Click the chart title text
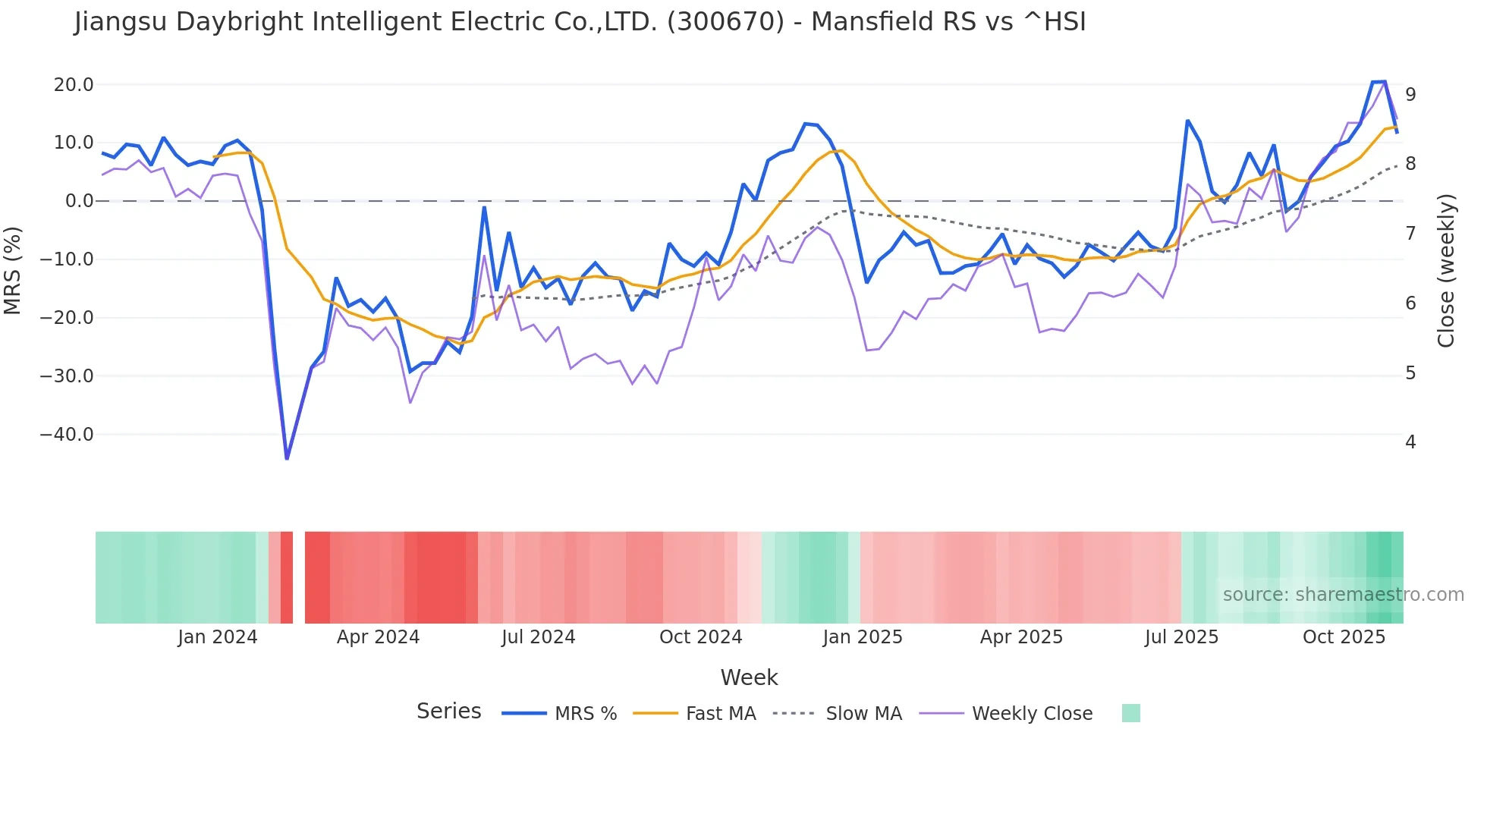[580, 22]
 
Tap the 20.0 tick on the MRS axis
[74, 84]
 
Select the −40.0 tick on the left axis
[67, 435]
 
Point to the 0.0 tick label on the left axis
[79, 201]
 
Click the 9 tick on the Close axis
[1410, 94]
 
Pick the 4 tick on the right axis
[1410, 442]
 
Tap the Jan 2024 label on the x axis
[218, 637]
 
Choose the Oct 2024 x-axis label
[700, 637]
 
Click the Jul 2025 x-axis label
[1181, 637]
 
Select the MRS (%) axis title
[13, 271]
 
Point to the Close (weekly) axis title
[1446, 271]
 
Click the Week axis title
[749, 677]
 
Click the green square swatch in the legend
[1130, 713]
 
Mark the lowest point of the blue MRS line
[287, 458]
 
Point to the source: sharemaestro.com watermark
[1343, 595]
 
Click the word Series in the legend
[448, 712]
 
